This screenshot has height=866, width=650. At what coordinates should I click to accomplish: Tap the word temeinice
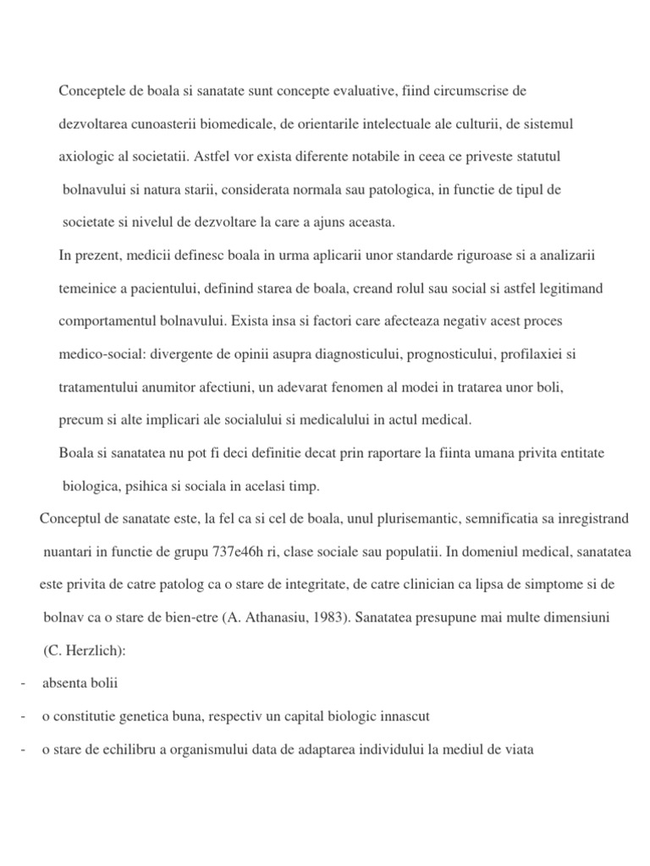tap(86, 288)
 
